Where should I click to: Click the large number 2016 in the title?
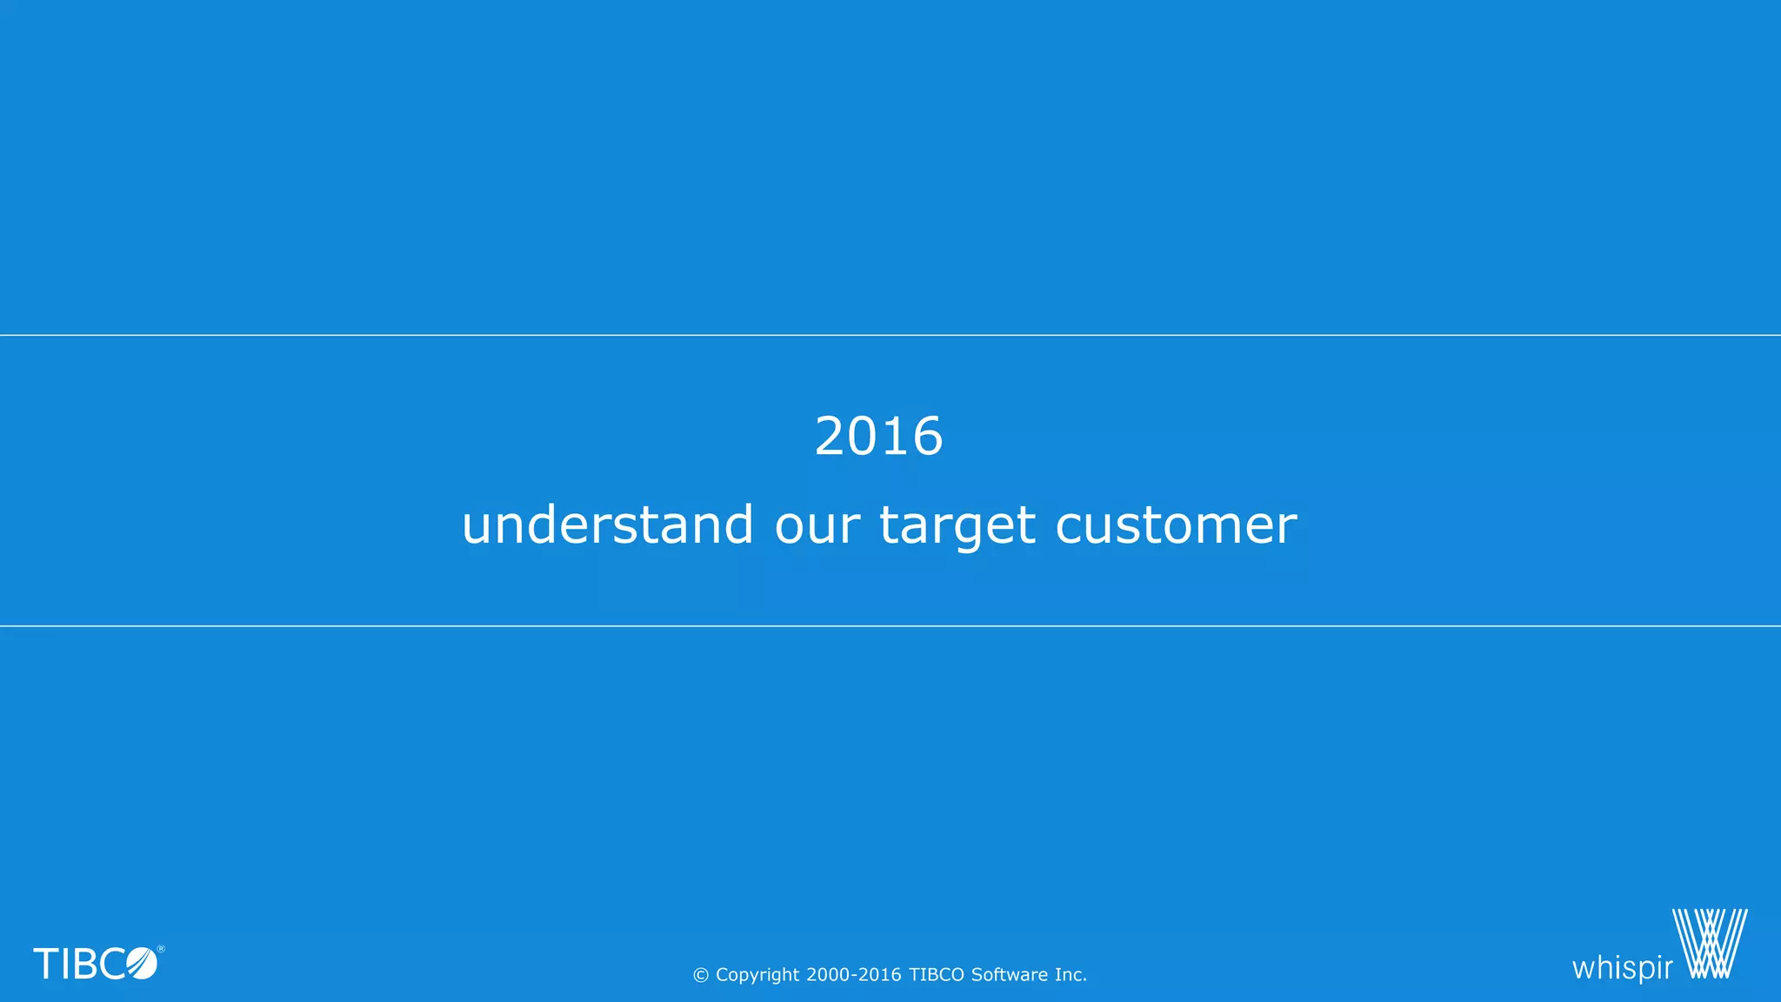(x=878, y=436)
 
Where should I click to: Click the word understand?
(x=607, y=524)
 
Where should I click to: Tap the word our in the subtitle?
(x=817, y=526)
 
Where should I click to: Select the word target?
(x=957, y=526)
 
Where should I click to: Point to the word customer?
(x=1176, y=526)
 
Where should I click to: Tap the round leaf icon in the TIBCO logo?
(x=142, y=964)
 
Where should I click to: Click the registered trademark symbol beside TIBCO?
(x=161, y=949)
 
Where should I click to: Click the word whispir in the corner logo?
(x=1622, y=967)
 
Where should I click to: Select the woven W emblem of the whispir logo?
(x=1710, y=944)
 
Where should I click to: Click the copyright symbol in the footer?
(x=701, y=976)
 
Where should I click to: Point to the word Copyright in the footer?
(x=757, y=975)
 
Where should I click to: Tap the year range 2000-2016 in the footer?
(x=853, y=975)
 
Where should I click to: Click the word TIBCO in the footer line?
(x=937, y=975)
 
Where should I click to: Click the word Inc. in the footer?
(x=1071, y=975)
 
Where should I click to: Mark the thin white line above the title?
(x=890, y=335)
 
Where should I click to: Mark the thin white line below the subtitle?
(x=890, y=625)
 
